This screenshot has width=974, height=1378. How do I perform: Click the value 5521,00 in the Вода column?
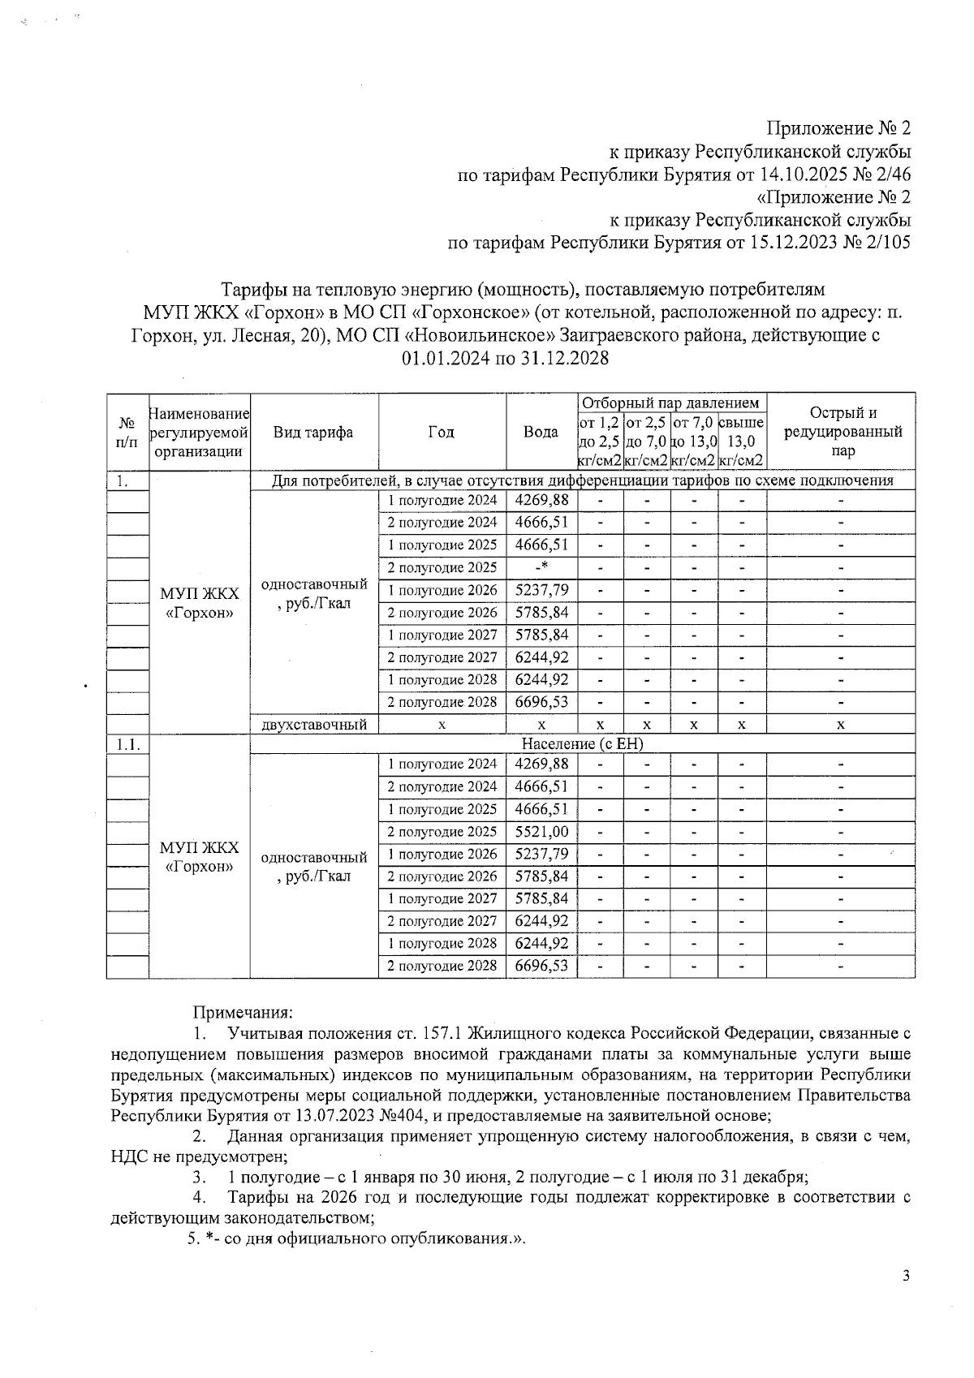click(x=541, y=831)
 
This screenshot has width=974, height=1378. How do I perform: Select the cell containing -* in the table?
click(x=541, y=566)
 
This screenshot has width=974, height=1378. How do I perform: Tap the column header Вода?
click(x=541, y=432)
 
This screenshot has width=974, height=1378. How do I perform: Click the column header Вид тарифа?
click(x=313, y=432)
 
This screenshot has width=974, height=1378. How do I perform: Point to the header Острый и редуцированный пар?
click(x=841, y=431)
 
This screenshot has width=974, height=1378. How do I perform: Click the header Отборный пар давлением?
click(x=671, y=403)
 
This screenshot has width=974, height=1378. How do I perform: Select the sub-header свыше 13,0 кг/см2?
click(x=741, y=441)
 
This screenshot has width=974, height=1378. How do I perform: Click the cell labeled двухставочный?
click(x=313, y=725)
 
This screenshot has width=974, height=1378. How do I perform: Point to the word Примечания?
click(x=242, y=1012)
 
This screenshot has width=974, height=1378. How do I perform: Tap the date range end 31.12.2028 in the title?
click(x=560, y=358)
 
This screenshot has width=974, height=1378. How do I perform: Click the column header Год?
click(x=442, y=432)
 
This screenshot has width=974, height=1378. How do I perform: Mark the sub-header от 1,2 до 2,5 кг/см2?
click(x=600, y=441)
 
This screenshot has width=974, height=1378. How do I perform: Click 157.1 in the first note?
click(x=442, y=1034)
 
